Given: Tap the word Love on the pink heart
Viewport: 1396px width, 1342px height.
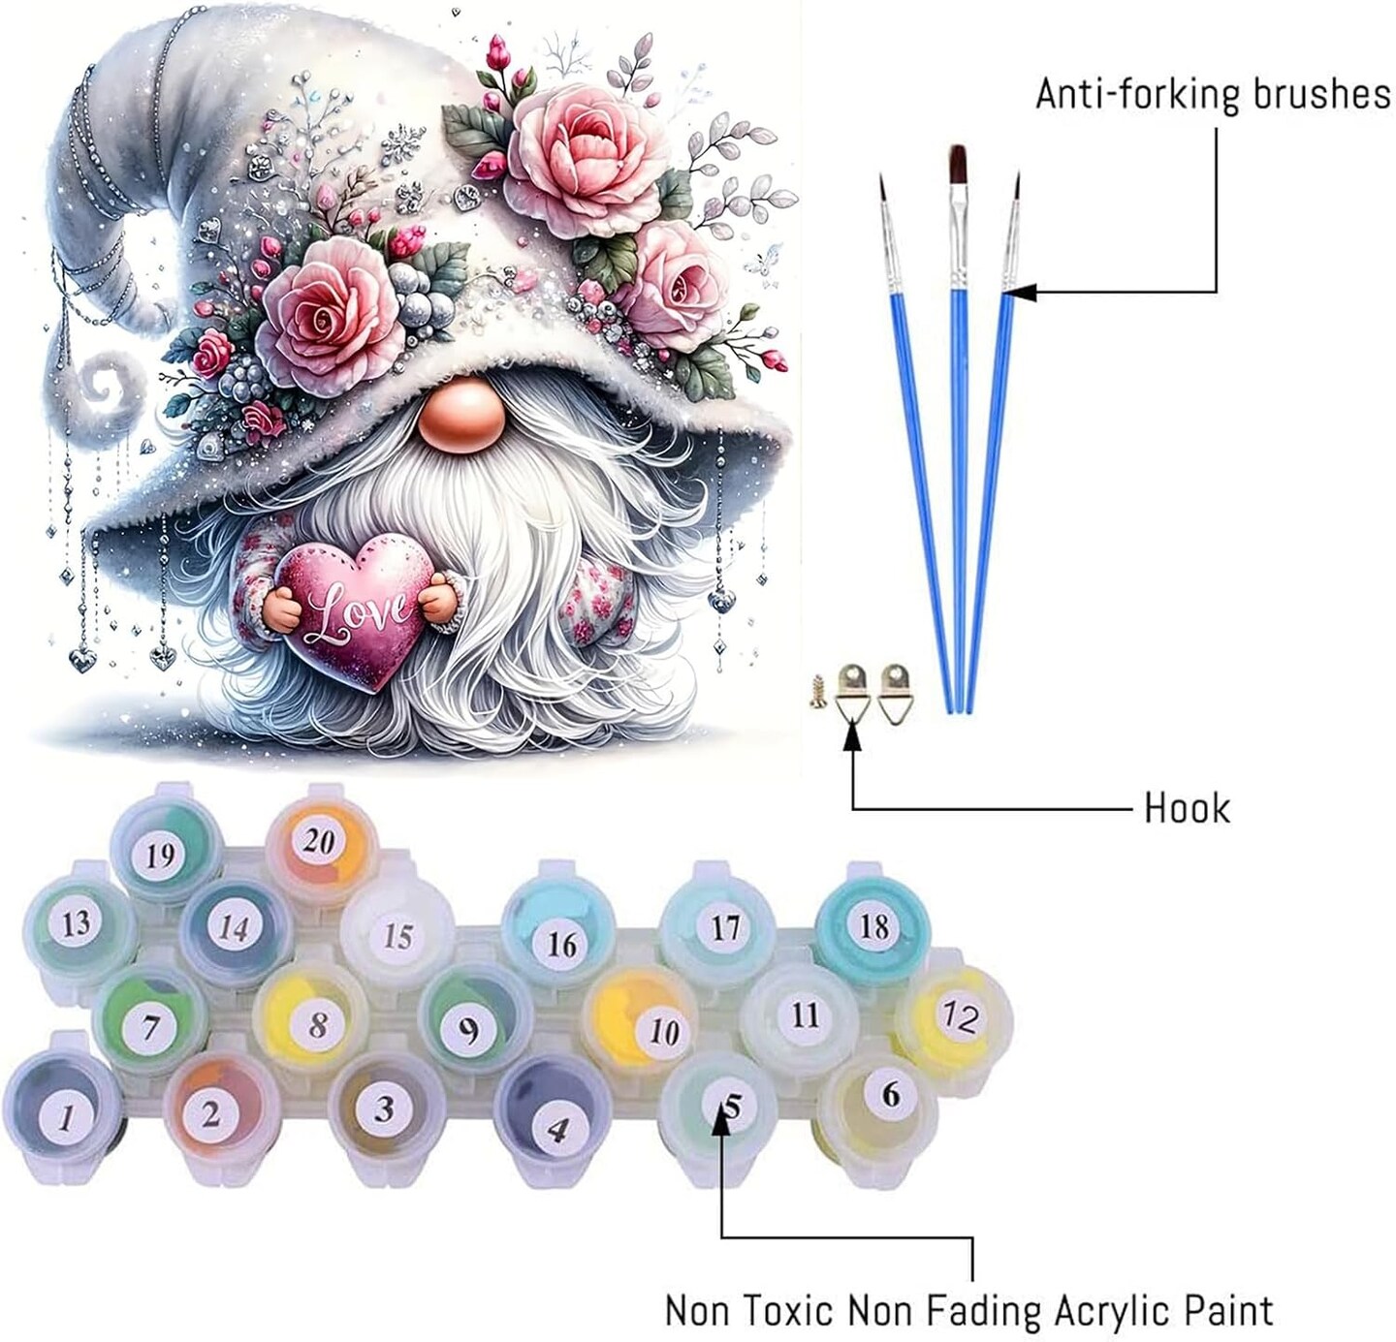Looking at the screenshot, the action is [x=358, y=612].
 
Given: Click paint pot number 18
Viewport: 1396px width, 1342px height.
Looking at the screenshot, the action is [x=873, y=926].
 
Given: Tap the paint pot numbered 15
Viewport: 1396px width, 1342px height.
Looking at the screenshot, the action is [x=397, y=935].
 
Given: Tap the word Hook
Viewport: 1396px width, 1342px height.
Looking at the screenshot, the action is [x=1187, y=809].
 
